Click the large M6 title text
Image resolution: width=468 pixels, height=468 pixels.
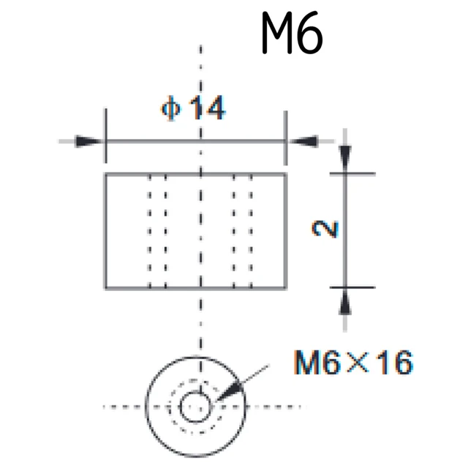pos(292,34)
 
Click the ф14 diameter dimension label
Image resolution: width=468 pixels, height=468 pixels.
pos(193,107)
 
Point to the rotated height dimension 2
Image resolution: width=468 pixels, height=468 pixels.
pos(325,229)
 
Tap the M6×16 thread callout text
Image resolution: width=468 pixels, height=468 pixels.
pos(353,362)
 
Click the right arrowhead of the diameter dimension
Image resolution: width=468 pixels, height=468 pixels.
pos(303,141)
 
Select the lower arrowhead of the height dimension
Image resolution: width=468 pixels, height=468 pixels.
pos(345,301)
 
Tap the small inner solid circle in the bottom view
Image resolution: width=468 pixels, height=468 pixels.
pos(195,407)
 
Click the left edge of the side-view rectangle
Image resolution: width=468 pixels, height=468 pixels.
pos(105,231)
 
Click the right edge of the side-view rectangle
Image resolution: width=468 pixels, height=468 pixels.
pos(286,231)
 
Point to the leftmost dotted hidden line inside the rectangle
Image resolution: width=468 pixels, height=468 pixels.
pos(149,231)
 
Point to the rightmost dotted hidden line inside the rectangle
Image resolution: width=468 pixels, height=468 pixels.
pos(251,231)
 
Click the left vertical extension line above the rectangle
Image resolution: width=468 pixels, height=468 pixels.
pos(105,136)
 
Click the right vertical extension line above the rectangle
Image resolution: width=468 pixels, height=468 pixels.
pos(286,137)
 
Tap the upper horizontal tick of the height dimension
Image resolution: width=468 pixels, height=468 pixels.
pos(352,173)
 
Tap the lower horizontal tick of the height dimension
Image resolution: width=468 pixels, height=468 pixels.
pos(352,287)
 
